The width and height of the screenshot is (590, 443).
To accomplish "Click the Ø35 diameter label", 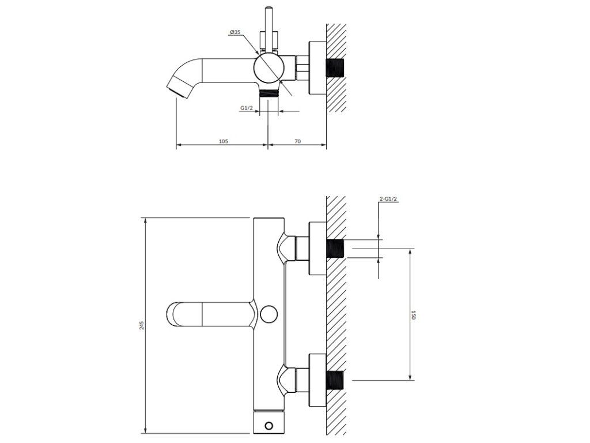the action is [235, 33].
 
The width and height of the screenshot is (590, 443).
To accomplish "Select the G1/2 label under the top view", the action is [246, 107].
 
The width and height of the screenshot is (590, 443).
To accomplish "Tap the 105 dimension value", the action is [224, 141].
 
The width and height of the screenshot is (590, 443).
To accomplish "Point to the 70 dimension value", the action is [298, 141].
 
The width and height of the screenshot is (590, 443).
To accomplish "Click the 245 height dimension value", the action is [142, 325].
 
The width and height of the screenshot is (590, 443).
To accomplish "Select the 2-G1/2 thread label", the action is [389, 199].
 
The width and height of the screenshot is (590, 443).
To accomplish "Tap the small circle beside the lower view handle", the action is [268, 314].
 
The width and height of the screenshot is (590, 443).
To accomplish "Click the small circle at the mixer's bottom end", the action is [268, 426].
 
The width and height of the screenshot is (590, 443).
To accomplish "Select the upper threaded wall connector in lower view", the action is [335, 249].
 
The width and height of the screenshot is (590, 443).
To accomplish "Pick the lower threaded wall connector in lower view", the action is [335, 380].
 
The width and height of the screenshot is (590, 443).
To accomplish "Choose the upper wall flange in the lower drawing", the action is [317, 249].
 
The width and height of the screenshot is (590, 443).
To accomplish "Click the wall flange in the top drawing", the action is [317, 68].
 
